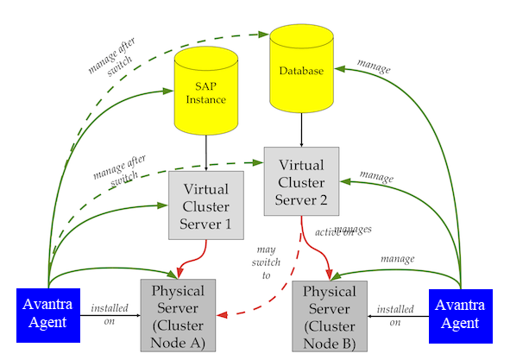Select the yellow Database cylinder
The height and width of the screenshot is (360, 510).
(x=301, y=71)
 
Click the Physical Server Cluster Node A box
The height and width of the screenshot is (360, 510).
(x=179, y=315)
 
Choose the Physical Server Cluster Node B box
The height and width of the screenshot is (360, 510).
(x=330, y=315)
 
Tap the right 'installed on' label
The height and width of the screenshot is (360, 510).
(x=395, y=314)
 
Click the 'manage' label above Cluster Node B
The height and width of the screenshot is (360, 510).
(x=397, y=258)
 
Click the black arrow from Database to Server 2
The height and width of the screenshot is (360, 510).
(x=301, y=129)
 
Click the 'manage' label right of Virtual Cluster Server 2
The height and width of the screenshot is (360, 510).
(x=376, y=177)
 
